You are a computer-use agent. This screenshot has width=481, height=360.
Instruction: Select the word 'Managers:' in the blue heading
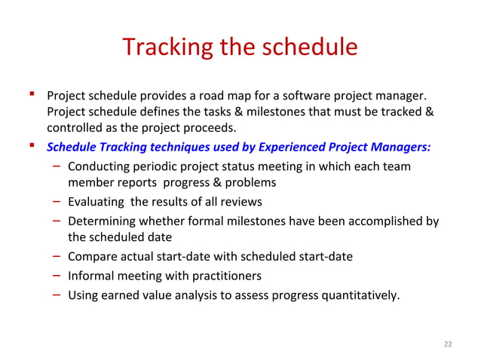coord(403,146)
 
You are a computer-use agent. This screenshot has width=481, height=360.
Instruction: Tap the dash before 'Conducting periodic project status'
coord(57,165)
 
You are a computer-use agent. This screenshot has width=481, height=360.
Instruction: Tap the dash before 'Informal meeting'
coord(57,274)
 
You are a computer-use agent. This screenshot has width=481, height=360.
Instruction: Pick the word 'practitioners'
coord(225,275)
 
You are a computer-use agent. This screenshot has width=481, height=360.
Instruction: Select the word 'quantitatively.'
coord(360,294)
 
